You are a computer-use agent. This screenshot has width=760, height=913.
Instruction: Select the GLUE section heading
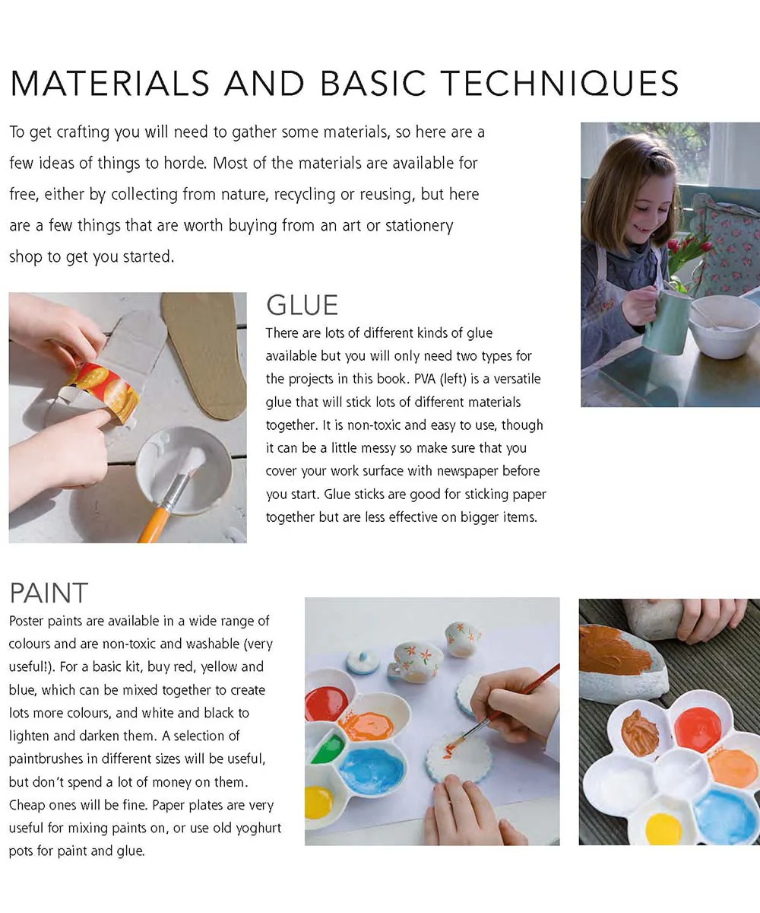click(x=302, y=305)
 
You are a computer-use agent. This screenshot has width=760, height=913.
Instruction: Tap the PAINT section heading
click(x=49, y=593)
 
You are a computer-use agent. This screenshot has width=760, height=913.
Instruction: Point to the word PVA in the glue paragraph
click(x=425, y=379)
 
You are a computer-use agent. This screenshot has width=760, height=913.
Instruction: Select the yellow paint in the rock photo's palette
click(x=663, y=828)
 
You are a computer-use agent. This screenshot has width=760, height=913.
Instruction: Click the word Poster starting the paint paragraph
click(x=26, y=621)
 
